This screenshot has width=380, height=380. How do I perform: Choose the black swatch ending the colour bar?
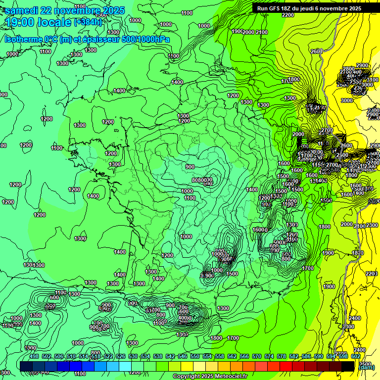click(x=348, y=365)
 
